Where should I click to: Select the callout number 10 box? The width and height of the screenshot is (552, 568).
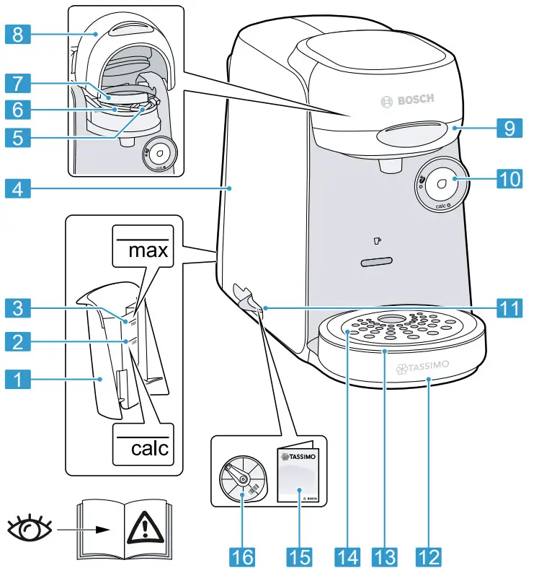512,179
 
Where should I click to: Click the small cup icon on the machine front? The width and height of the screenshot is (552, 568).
377,241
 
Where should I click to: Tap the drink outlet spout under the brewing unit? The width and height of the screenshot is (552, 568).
390,166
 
